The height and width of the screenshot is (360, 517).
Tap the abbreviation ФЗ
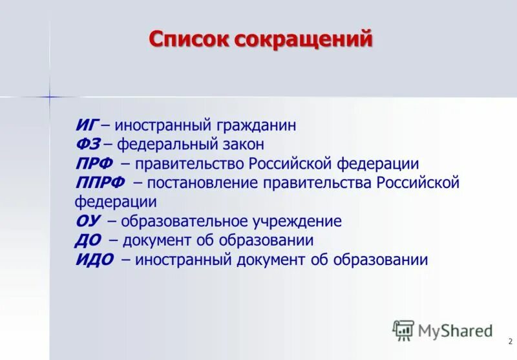coord(87,144)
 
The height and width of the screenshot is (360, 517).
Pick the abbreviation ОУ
coord(88,221)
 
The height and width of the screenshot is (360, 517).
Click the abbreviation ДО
coord(89,240)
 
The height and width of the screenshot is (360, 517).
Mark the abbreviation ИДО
coord(94,260)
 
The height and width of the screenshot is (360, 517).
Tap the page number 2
coord(509,341)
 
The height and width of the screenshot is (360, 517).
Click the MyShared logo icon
coord(403,330)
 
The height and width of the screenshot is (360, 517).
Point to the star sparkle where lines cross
coord(49,97)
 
